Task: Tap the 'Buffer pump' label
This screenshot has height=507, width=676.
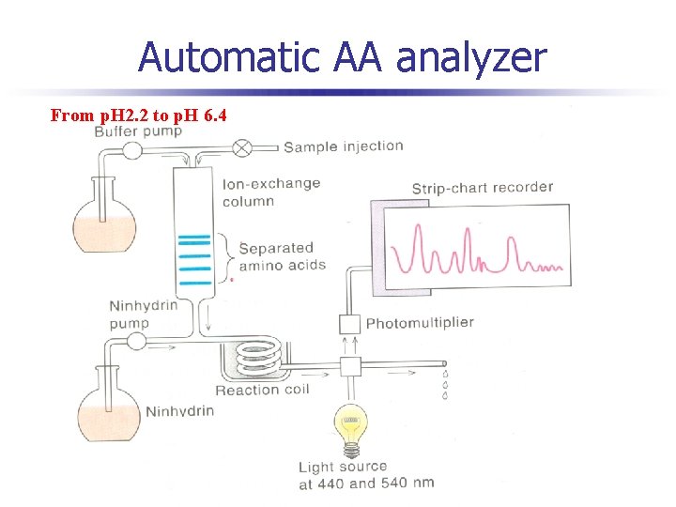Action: pos(138,131)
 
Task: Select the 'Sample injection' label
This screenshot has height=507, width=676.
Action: pos(343,146)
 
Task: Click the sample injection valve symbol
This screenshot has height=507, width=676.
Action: pos(242,146)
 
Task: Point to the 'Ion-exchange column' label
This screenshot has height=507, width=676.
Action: pos(271,192)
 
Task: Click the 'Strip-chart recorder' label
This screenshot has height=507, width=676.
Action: pos(482,188)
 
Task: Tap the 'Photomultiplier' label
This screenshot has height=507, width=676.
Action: pos(420,323)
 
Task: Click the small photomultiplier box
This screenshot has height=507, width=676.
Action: pos(349,324)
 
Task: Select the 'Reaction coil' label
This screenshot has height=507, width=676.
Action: pos(260,390)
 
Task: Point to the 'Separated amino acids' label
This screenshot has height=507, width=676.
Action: pos(282,256)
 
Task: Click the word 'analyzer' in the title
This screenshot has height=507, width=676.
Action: pos(470,58)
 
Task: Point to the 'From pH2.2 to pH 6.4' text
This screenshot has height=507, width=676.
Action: pos(137,115)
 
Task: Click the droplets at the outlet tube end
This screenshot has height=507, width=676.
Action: pos(445,383)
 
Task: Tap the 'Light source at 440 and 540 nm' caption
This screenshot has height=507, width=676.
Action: pos(365,475)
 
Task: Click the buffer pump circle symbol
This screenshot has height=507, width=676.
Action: pos(131,149)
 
